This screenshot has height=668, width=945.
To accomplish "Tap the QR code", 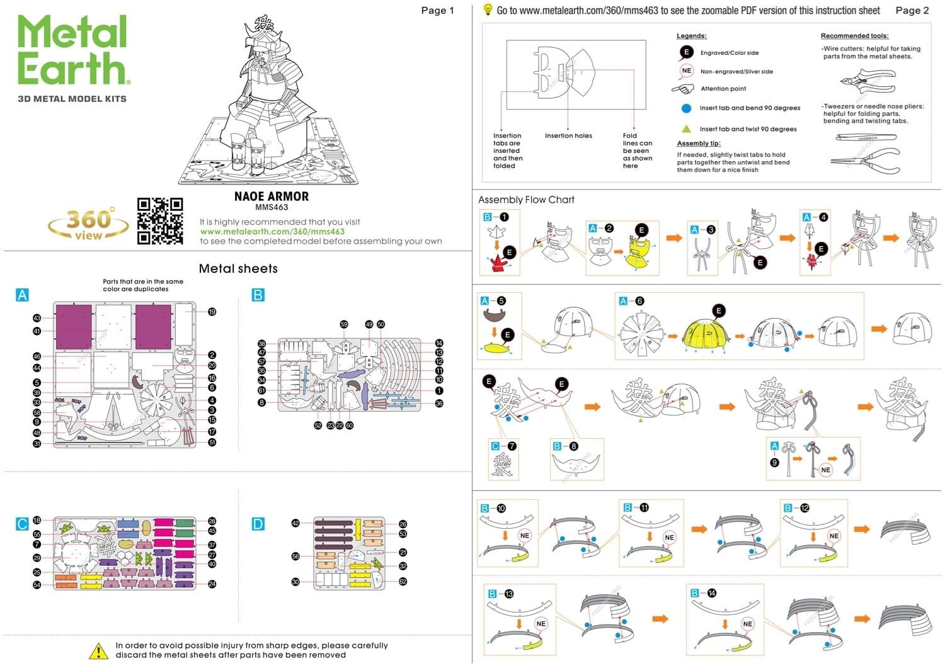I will point(160,221).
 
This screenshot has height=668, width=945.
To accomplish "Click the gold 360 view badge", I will point(88,224).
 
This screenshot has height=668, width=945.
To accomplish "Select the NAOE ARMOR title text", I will point(272,196).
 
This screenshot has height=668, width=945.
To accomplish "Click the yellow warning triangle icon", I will point(98,651).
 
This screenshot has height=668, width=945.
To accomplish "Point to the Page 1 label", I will point(437,11).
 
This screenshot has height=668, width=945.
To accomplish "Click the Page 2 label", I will point(912,11).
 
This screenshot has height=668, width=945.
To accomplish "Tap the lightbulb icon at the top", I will point(488,9).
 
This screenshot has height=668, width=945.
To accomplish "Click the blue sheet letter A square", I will point(22,295).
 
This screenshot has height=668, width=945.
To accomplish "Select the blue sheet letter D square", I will point(258,524).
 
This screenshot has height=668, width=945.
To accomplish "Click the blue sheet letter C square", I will point(22,524).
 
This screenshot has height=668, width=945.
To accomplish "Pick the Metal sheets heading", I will point(238,269).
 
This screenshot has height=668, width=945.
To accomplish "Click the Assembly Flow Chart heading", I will point(526,200).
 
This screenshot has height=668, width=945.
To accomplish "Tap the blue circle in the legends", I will point(687,108).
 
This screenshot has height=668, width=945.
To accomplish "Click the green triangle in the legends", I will point(687,128).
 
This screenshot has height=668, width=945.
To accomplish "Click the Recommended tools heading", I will point(854,36).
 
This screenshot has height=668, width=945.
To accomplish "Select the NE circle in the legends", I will point(686,71).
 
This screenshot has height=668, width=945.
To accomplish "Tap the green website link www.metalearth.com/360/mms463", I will point(272,232).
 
